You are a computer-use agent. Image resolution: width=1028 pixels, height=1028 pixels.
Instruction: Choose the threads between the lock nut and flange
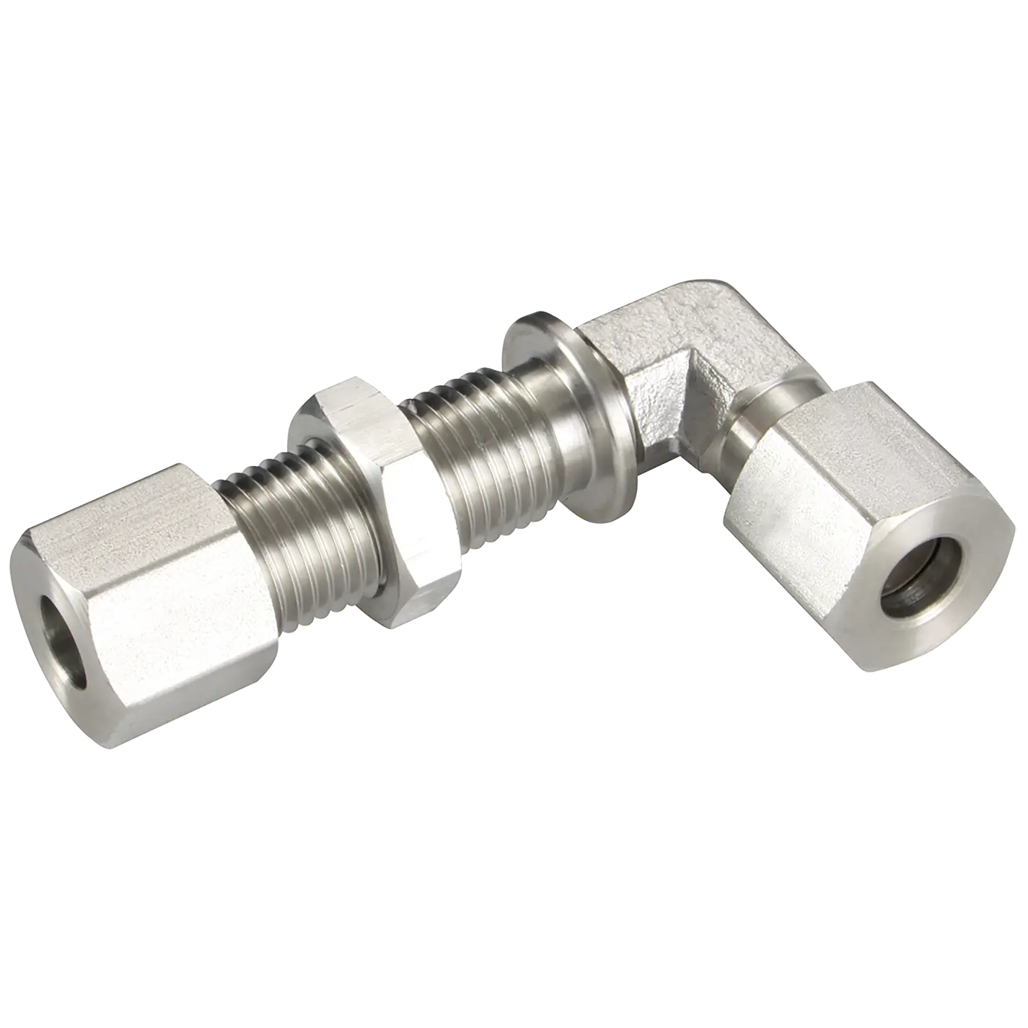coord(469,462)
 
